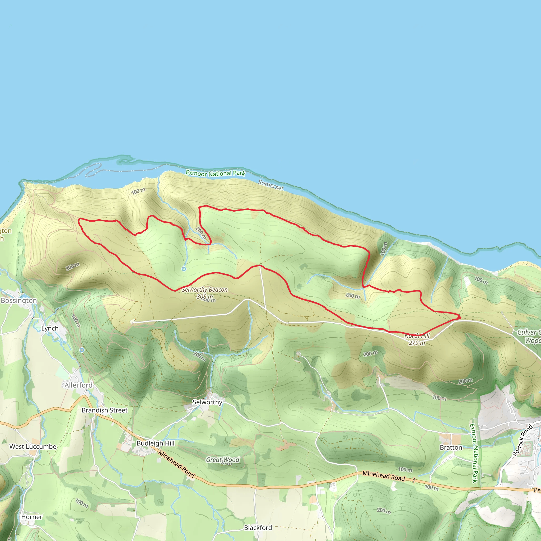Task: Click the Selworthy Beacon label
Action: pos(205,290)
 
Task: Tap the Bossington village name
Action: pos(19,300)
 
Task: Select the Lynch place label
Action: pos(50,328)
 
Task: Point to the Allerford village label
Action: pos(78,385)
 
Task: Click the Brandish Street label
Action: pos(104,410)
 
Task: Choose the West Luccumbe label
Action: pos(33,447)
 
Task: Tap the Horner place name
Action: pos(32,517)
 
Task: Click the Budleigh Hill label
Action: pos(155,443)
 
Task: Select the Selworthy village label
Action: pos(207,402)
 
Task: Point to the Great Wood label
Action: pos(223,460)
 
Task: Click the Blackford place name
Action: pos(258,528)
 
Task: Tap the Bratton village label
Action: pos(451,447)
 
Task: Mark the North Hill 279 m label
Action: pos(417,339)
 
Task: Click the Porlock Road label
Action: pos(522,440)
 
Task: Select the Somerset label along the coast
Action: pos(271,185)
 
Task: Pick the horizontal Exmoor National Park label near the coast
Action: pos(215,173)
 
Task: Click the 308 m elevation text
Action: pos(205,297)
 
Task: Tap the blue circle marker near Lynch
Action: pos(82,350)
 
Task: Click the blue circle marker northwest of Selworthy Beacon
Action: pos(184,269)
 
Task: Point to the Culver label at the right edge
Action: pos(527,332)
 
